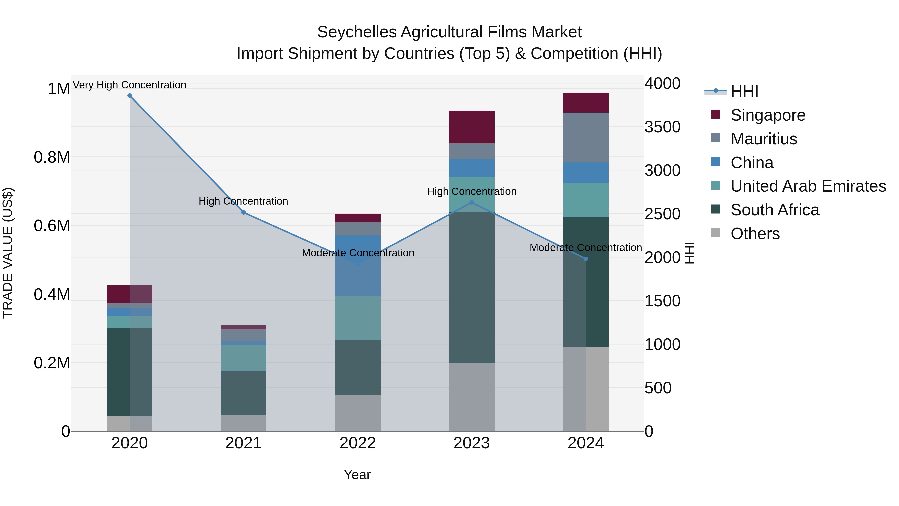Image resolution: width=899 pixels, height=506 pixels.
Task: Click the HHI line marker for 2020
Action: click(129, 96)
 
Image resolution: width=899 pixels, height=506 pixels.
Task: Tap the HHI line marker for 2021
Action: click(243, 212)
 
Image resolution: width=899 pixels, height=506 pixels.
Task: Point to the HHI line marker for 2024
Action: click(586, 259)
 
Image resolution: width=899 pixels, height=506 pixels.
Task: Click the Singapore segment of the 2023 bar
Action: click(471, 127)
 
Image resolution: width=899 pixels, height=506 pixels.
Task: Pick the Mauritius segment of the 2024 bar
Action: click(586, 138)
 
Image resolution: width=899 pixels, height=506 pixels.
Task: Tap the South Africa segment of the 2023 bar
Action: click(471, 287)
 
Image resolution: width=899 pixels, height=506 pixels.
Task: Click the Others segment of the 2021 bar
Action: click(243, 423)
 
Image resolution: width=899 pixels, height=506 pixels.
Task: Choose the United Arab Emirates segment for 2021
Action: click(243, 358)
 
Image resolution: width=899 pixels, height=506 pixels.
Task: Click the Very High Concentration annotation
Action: click(129, 85)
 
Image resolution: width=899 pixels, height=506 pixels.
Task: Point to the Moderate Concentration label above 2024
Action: click(586, 248)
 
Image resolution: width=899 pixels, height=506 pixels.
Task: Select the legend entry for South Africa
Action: click(775, 210)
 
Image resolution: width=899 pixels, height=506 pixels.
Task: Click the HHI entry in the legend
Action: click(744, 91)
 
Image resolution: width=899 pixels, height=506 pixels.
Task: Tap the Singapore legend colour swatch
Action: click(715, 114)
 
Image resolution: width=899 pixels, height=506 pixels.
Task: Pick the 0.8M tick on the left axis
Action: click(52, 157)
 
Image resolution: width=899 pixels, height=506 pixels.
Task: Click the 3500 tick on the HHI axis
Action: click(662, 127)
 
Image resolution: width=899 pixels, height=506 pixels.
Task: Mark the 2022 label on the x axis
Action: click(357, 443)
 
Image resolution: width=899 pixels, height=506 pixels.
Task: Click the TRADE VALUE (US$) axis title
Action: click(8, 253)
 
